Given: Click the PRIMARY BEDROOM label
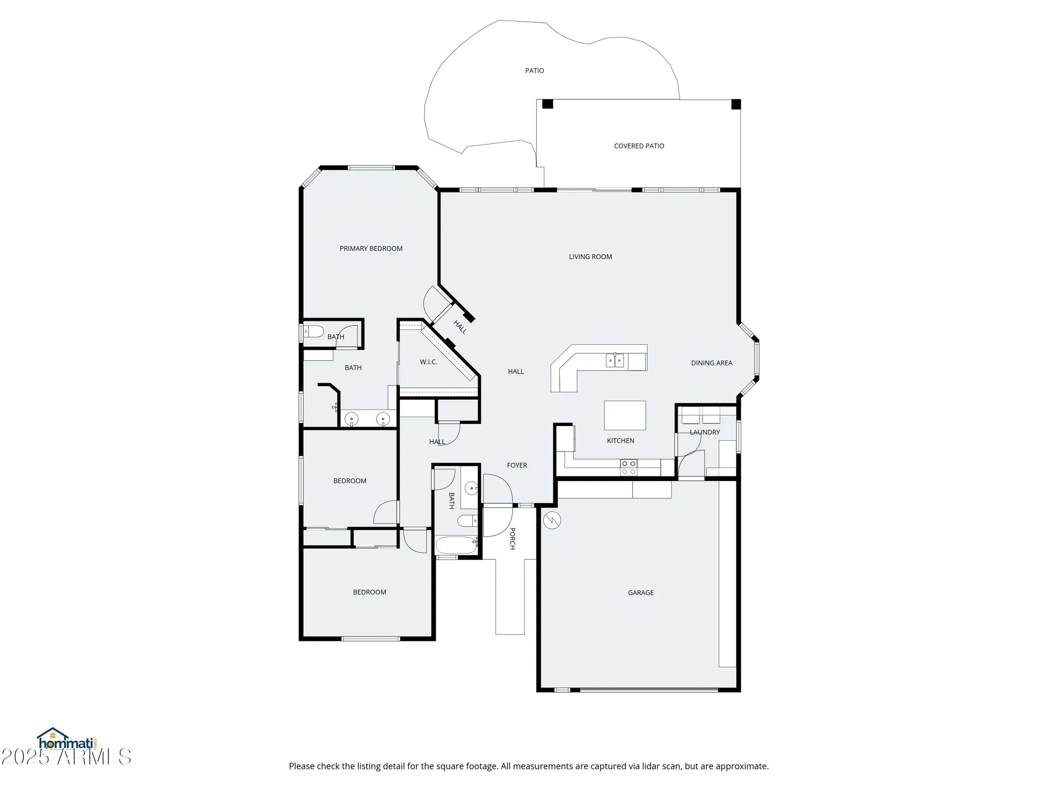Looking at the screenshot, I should [371, 248].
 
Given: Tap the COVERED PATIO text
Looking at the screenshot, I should [639, 146].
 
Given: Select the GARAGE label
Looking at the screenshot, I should [641, 593].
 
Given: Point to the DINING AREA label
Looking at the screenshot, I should [712, 363].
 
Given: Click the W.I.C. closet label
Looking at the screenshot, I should [428, 362].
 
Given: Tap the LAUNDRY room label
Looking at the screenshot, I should [705, 432].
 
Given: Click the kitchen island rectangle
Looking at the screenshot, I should [625, 415].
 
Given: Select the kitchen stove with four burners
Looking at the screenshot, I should [628, 467].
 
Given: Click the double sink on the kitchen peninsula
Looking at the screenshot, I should [615, 361].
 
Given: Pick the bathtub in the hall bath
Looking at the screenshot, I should [456, 545].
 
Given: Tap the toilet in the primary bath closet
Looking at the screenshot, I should [314, 331].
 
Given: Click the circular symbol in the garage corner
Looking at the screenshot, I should [552, 520].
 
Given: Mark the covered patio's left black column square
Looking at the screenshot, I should [548, 104].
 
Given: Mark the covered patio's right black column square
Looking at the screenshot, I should [736, 104].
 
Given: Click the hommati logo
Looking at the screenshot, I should [66, 739].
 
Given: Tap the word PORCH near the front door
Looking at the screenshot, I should [512, 538].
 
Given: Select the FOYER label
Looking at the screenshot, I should [517, 465].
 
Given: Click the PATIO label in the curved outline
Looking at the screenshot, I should [534, 70].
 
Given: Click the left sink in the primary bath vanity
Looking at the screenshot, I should [351, 419].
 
